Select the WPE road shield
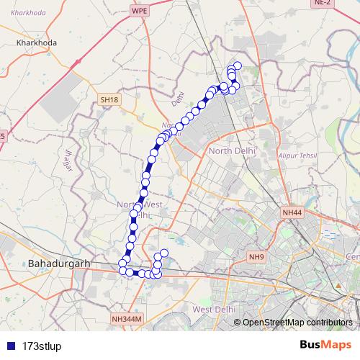point(140,11)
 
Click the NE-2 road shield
point(342,4)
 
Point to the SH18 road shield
point(108,99)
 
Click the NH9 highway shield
point(256,256)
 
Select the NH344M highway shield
point(127,318)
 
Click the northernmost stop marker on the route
point(238,66)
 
